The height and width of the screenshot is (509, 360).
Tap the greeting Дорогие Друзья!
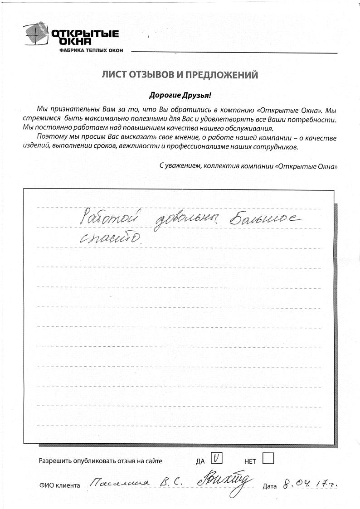pos(180,95)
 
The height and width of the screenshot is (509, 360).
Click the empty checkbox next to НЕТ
pos(268,459)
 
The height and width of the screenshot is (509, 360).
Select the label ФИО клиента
pos(59,486)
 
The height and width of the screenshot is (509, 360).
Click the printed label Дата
pos(269,486)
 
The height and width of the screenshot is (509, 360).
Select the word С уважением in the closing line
pos(180,166)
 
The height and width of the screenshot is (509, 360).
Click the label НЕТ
pos(250,461)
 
